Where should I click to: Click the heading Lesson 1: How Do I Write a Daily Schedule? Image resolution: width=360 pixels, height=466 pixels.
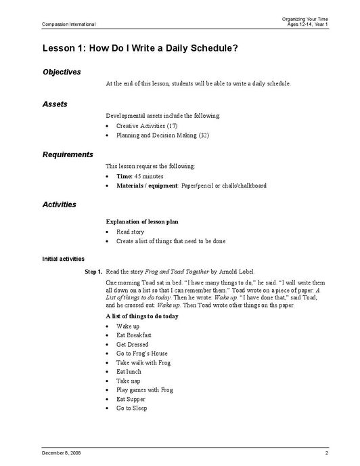point(140,48)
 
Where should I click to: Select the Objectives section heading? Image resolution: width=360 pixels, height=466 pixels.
point(62,72)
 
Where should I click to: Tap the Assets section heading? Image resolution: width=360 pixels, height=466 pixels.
point(55,104)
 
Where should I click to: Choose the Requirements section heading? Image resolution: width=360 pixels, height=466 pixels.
point(68,154)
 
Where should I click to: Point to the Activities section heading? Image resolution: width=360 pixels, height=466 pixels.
point(60,205)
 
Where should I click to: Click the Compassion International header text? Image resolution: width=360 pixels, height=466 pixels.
point(69,24)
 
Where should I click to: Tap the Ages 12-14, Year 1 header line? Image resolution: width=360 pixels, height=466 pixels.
point(307,24)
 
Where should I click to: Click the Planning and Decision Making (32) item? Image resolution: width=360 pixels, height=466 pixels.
point(156,135)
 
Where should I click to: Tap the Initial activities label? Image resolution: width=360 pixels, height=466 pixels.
point(64,259)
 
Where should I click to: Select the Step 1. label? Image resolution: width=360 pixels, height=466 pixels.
point(93,271)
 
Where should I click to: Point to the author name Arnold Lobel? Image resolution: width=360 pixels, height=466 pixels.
point(238,271)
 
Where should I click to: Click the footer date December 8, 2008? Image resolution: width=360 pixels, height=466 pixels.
point(62,452)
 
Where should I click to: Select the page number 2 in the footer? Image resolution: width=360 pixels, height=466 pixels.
point(325,452)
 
